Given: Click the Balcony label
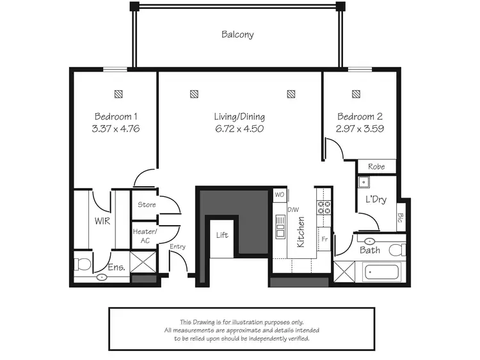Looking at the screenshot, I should coord(237,35).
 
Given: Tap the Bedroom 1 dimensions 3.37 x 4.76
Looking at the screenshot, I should coord(116,128).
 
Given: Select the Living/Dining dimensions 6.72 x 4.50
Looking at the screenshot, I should coord(239,128).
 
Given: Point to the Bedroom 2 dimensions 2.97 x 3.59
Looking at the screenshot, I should coord(360,128).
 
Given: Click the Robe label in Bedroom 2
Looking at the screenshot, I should coord(376,166).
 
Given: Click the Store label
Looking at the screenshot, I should coord(147,205).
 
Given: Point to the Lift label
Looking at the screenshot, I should coord(221,235).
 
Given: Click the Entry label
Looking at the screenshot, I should coord(177,247).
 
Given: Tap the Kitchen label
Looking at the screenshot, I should coord(300,231).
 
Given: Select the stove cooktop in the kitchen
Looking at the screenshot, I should coord(324,207).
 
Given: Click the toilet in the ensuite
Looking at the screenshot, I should coord(82,263).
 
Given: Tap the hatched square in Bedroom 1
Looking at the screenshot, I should coord(119,94).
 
